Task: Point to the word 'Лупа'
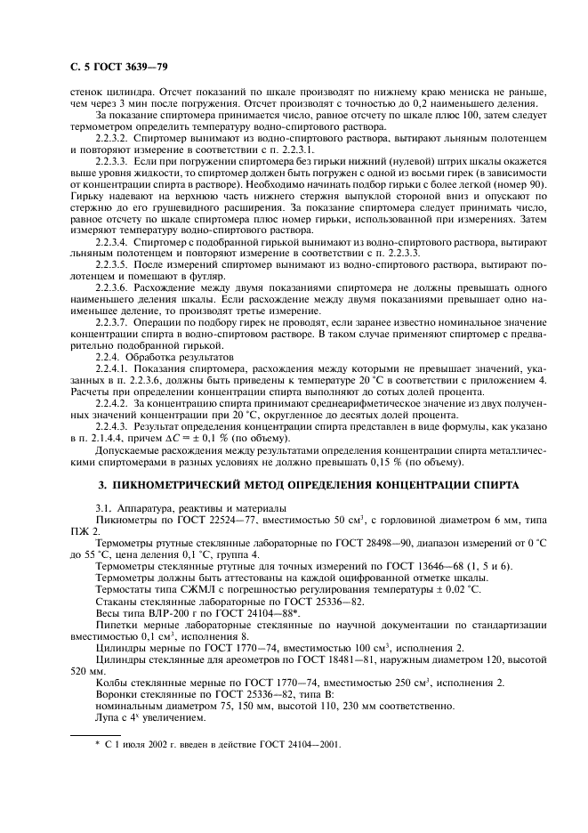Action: (108, 716)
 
